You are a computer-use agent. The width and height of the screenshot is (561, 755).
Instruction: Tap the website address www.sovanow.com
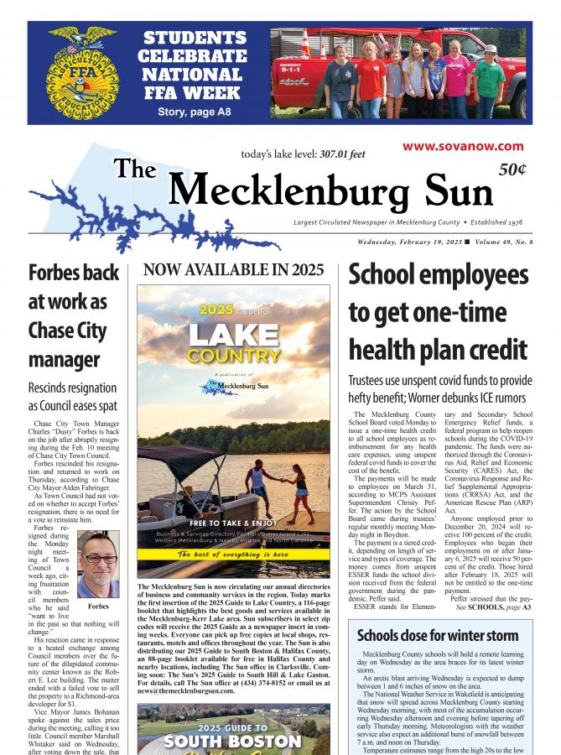(463, 146)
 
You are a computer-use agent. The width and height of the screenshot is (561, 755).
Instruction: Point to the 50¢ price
(512, 169)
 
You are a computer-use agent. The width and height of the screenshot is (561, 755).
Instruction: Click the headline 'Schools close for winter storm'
(438, 635)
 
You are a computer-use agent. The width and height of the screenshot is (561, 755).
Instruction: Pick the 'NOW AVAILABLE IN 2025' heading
(233, 270)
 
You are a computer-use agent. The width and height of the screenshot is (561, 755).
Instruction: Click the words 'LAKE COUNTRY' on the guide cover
(233, 344)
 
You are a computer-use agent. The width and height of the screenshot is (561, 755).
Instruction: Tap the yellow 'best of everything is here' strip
(233, 555)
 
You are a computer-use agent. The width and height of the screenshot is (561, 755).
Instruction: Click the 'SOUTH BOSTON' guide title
(233, 742)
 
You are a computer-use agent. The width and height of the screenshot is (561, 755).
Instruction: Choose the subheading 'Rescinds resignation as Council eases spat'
(72, 398)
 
